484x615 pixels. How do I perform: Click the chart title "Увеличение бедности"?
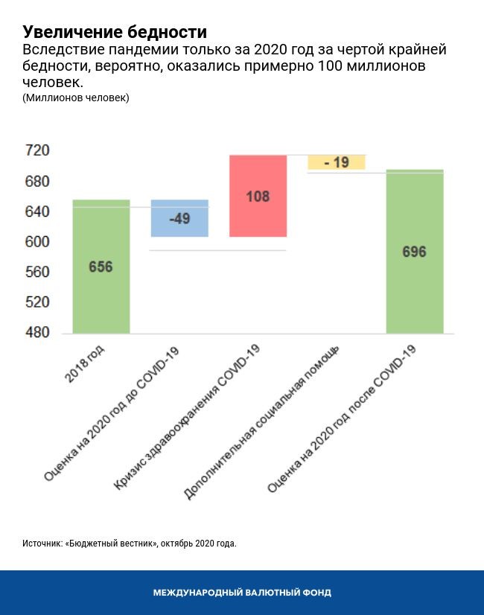pos(115,32)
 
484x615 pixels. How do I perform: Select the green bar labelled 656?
pos(101,266)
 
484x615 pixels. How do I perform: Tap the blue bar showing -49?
pos(179,218)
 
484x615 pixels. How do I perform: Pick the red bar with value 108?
pos(258,196)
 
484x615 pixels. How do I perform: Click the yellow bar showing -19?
pos(337,162)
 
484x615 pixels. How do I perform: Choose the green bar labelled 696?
pos(415,252)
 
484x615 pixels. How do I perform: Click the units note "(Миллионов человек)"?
pos(75,98)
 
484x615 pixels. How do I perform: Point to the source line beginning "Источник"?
pos(129,544)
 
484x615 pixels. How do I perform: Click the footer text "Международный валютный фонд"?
pos(242,593)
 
